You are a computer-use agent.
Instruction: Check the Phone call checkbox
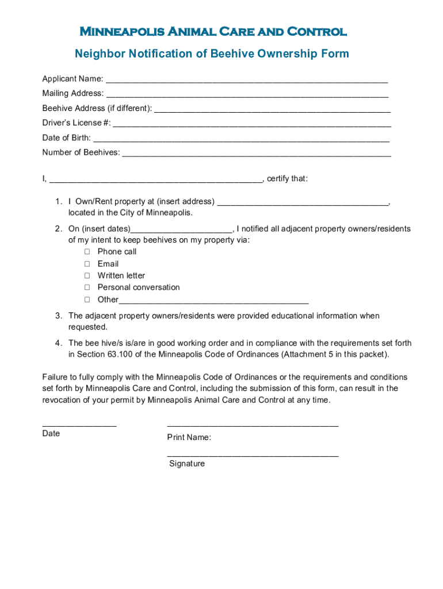click(x=87, y=252)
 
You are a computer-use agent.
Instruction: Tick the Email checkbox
click(x=87, y=264)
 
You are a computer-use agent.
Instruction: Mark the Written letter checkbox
click(x=87, y=276)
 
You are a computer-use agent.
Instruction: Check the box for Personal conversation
click(x=87, y=287)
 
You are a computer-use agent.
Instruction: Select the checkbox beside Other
click(x=87, y=299)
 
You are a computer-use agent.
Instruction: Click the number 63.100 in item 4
click(x=120, y=354)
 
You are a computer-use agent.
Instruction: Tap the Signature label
click(x=187, y=464)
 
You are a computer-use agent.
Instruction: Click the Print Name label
click(x=189, y=438)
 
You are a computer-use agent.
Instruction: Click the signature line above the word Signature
click(x=253, y=455)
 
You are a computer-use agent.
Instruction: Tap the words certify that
click(x=287, y=178)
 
